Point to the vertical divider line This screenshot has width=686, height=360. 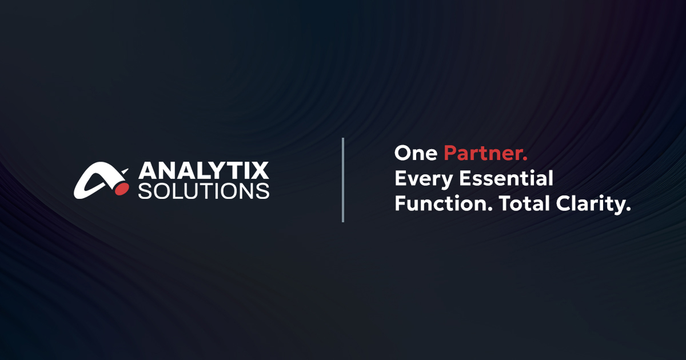343,179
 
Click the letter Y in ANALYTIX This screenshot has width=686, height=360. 214,171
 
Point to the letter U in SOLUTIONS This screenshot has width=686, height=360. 197,191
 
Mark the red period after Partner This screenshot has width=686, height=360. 525,159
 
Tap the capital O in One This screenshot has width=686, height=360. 402,153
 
